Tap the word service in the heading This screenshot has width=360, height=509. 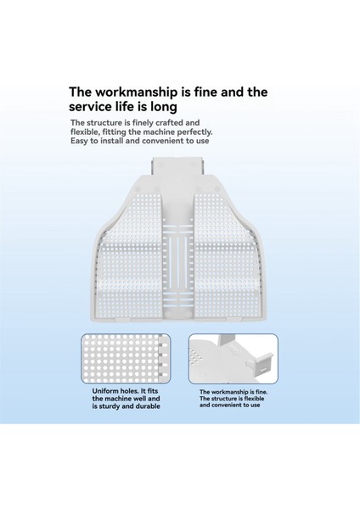tap(88, 107)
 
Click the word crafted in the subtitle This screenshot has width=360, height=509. tap(169, 123)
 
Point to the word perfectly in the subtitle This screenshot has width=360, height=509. tap(196, 132)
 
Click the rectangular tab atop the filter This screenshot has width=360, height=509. tap(177, 166)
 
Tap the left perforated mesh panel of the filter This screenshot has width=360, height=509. tap(131, 256)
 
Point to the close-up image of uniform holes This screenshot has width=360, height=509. tap(126, 358)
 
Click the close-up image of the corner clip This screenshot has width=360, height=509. tap(233, 358)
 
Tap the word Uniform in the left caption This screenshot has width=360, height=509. tap(105, 391)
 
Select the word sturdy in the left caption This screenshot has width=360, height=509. tap(110, 406)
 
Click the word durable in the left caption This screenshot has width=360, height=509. tap(148, 406)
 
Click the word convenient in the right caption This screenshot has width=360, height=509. tap(228, 406)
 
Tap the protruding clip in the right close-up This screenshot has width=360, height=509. tap(261, 363)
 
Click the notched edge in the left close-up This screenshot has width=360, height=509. tap(164, 358)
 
